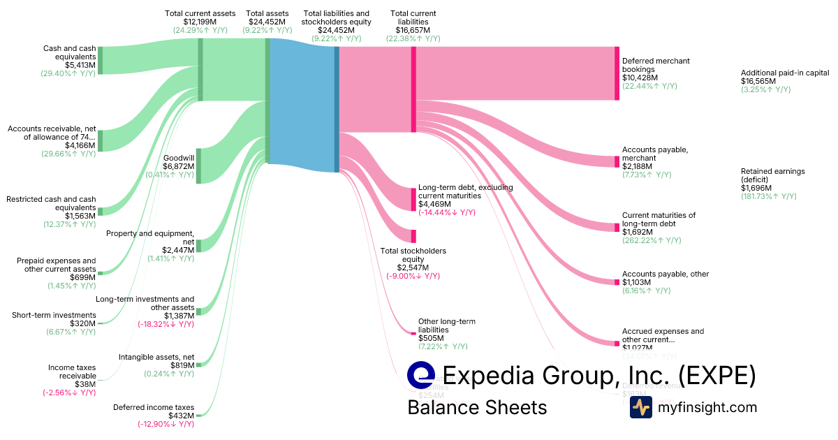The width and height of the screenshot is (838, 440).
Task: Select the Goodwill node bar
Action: point(198,166)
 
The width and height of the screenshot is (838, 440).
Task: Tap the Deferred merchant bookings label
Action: point(656,65)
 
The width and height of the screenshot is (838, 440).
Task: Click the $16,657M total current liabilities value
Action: point(413,30)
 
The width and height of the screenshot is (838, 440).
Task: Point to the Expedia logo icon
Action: point(421,375)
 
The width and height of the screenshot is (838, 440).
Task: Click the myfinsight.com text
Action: point(707,407)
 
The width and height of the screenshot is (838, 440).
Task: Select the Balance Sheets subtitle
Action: point(477,407)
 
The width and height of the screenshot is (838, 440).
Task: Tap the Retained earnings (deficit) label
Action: point(773,175)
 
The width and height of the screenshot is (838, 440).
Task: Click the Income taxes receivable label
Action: point(72,372)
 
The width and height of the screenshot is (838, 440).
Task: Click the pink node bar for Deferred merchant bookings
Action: point(617,73)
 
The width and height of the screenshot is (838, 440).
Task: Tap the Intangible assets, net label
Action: point(156,357)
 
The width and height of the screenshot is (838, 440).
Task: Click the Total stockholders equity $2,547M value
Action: point(413,267)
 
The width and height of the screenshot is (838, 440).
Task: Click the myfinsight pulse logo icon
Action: point(640,407)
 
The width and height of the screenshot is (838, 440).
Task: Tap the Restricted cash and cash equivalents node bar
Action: point(101,211)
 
